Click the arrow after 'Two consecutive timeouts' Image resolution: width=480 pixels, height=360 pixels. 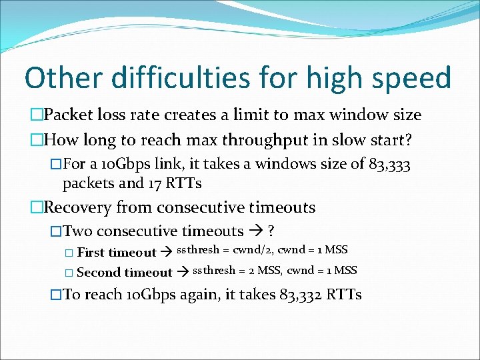(x=256, y=231)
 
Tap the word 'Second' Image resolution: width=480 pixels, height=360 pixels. (x=99, y=272)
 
